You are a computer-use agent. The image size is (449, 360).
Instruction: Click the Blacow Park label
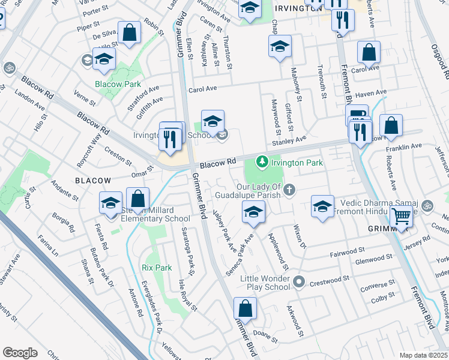(118, 85)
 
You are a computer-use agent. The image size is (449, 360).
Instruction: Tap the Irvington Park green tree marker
(261, 161)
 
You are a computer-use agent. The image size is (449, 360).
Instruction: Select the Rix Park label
(157, 267)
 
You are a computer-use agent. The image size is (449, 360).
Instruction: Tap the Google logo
(20, 353)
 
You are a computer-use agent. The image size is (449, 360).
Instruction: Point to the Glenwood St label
(373, 257)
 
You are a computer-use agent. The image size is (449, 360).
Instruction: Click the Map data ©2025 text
(424, 355)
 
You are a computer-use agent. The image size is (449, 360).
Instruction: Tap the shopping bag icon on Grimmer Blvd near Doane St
(246, 310)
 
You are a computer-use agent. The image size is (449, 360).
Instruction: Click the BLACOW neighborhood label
(92, 180)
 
